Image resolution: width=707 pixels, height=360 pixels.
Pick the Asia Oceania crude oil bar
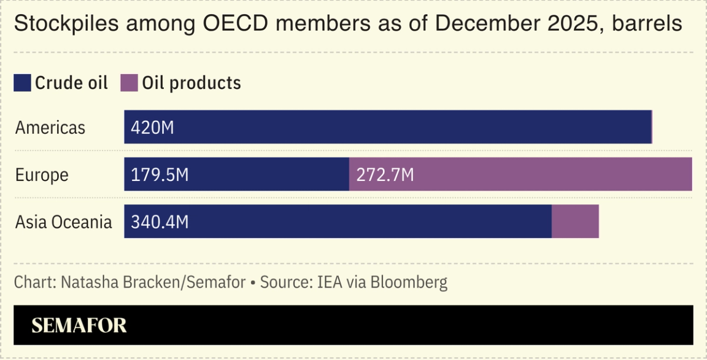pyautogui.click(x=368, y=221)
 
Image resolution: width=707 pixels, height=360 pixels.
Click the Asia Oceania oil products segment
pyautogui.click(x=575, y=221)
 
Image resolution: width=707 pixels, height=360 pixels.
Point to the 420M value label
pyautogui.click(x=152, y=128)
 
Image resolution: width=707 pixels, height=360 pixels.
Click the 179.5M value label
pyautogui.click(x=160, y=175)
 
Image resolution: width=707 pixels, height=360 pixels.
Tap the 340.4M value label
pyautogui.click(x=160, y=221)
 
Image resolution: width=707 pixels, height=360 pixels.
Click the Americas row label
pyautogui.click(x=50, y=128)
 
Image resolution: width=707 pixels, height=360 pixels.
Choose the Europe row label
pyautogui.click(x=42, y=175)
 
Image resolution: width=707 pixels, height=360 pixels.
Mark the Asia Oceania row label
pyautogui.click(x=63, y=221)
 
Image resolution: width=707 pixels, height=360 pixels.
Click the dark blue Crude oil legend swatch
pyautogui.click(x=23, y=83)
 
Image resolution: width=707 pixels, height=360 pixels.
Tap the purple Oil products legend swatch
pyautogui.click(x=129, y=83)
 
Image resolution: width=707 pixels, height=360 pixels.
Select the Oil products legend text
pyautogui.click(x=191, y=83)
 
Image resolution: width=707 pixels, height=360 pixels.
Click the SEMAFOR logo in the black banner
pyautogui.click(x=79, y=326)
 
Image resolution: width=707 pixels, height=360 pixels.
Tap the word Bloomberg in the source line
pyautogui.click(x=411, y=283)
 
